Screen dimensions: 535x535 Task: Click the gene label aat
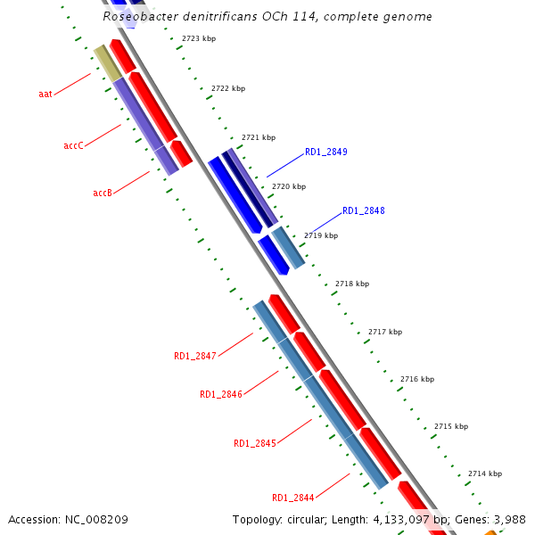(45, 93)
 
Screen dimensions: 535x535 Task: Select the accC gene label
(73, 145)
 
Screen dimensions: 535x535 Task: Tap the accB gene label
(103, 193)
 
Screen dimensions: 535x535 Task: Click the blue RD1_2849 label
(326, 152)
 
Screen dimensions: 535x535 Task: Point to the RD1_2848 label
(364, 211)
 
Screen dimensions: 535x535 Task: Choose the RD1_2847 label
(195, 357)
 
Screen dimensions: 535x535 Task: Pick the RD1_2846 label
(221, 394)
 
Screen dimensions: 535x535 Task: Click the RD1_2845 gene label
(255, 443)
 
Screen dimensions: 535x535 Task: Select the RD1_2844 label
(293, 498)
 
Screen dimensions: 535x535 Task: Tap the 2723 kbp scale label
(198, 39)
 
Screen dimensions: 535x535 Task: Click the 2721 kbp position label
(259, 138)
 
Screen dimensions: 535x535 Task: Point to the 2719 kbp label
(321, 236)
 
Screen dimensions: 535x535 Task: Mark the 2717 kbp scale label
(385, 332)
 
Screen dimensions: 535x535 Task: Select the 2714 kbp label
(485, 473)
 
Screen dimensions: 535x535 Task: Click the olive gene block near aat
(108, 62)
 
